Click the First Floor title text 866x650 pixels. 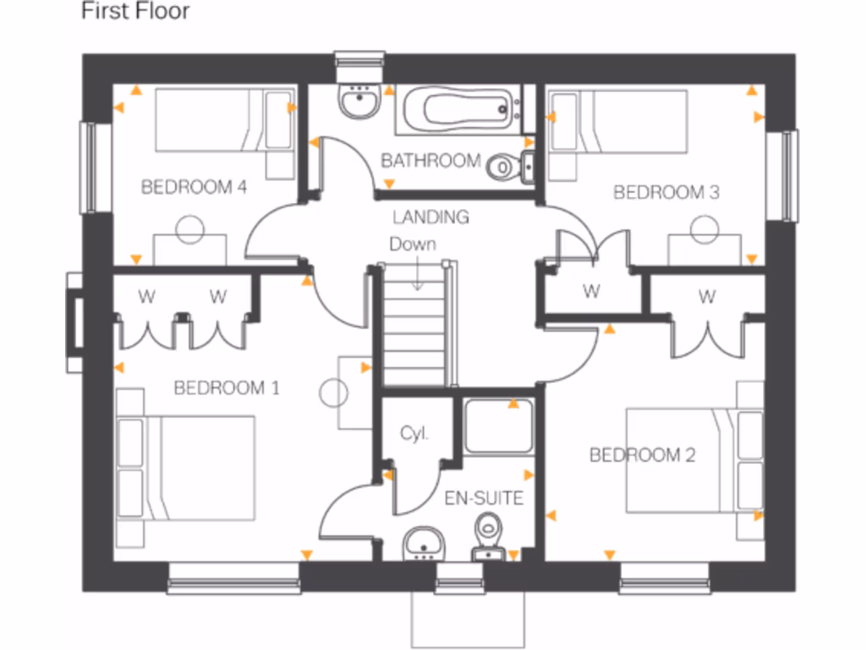click(135, 12)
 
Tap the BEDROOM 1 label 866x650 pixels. click(226, 388)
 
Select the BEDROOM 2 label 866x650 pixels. click(642, 456)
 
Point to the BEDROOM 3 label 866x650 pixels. click(666, 193)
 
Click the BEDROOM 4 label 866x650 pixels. click(194, 187)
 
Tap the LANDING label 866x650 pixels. click(430, 218)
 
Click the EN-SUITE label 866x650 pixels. click(484, 499)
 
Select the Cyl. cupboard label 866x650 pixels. click(414, 434)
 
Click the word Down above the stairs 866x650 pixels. click(413, 245)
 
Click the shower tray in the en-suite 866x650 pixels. click(498, 426)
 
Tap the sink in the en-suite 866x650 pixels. click(423, 542)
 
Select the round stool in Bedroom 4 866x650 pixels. click(189, 227)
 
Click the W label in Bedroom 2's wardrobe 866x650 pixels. click(706, 297)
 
